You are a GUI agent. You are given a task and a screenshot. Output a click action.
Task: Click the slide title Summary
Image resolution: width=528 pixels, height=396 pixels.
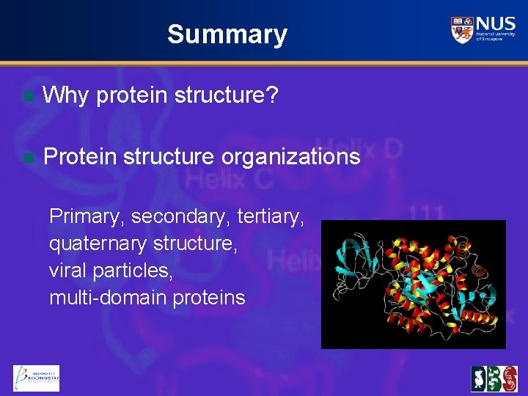(227, 34)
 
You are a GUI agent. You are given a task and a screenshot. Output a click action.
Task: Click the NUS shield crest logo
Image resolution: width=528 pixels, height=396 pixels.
(462, 29)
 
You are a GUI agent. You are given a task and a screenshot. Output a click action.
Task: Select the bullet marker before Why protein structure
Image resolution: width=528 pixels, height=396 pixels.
(28, 95)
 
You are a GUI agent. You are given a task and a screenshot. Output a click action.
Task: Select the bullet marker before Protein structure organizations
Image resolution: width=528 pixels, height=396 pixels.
(28, 157)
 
